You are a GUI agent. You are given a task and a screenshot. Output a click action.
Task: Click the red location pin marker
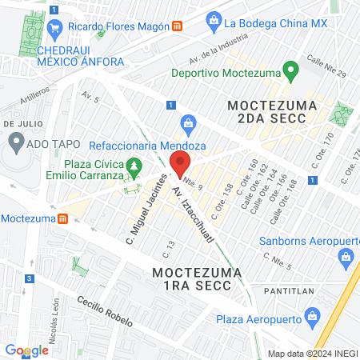(x=180, y=164)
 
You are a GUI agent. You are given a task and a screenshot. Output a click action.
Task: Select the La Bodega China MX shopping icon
(x=214, y=22)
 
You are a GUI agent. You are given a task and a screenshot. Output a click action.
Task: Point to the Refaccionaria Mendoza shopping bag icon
(x=189, y=123)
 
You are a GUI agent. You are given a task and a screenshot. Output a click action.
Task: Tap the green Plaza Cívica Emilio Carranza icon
(x=135, y=166)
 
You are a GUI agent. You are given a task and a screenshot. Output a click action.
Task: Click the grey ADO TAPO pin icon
(x=15, y=144)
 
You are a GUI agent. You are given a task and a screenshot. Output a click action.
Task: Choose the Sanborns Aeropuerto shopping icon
(x=346, y=256)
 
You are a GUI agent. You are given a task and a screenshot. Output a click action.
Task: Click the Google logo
(x=26, y=350)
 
